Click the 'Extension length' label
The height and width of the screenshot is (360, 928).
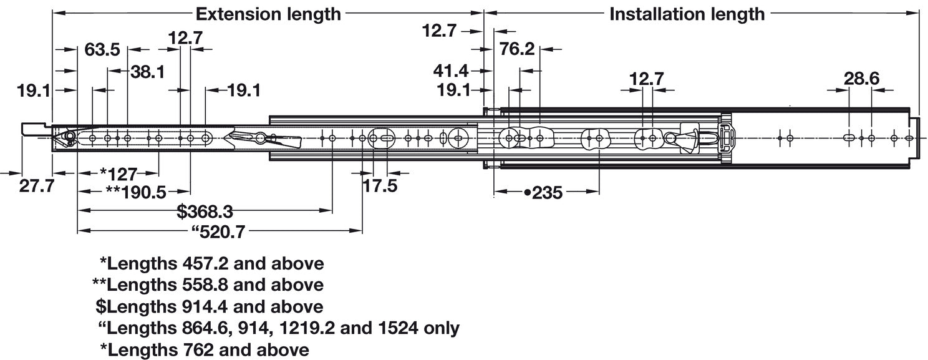tap(268, 14)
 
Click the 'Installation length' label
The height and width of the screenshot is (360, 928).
tap(687, 14)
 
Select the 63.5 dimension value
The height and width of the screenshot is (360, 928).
tap(102, 50)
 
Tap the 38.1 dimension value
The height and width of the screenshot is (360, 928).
tap(147, 72)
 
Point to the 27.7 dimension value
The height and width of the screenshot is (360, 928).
tap(36, 186)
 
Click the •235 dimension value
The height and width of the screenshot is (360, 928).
tap(543, 193)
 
